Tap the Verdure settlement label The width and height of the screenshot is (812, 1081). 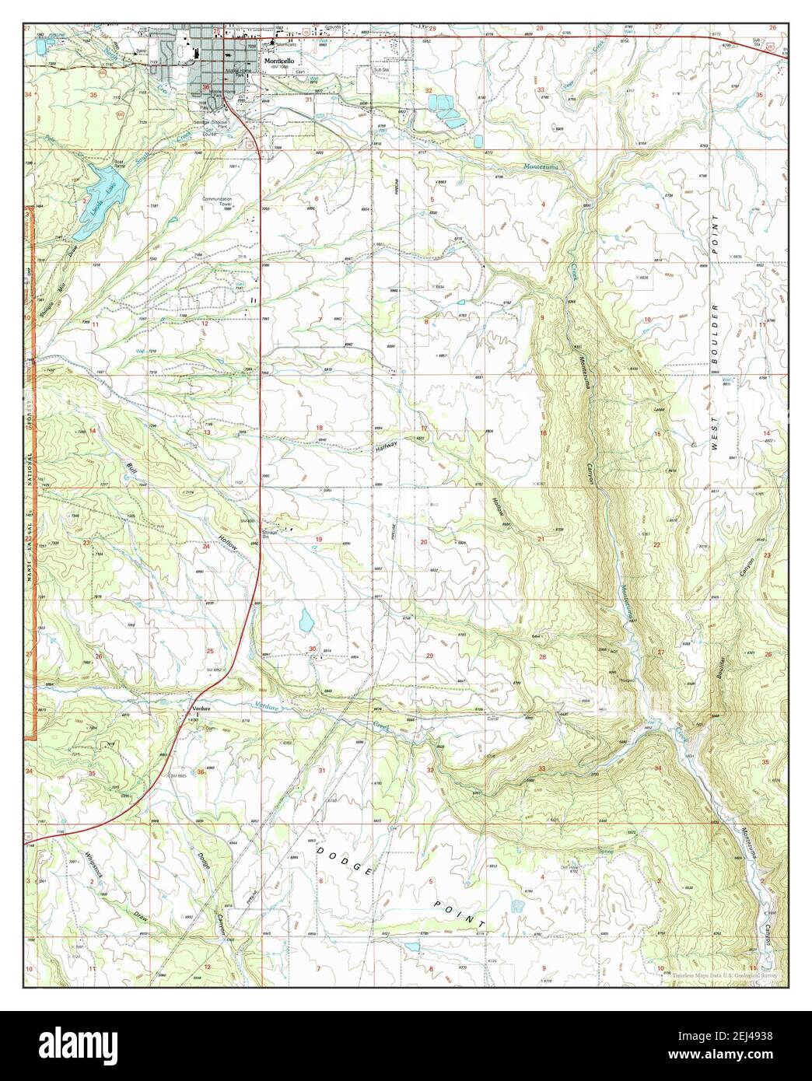click(x=194, y=708)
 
